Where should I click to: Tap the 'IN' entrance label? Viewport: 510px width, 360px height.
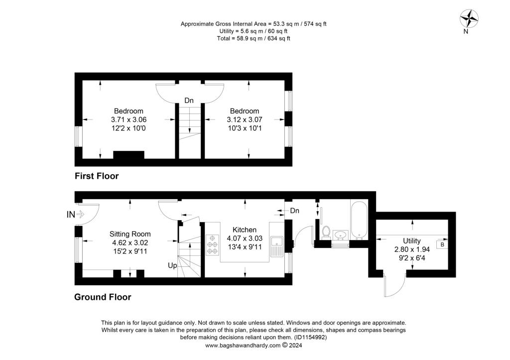(72, 215)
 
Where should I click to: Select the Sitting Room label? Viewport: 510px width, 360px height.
(130, 234)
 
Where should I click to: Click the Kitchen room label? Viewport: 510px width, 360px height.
(245, 230)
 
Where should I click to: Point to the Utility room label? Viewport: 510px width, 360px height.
(411, 241)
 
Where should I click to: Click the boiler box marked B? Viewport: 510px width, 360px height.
(442, 244)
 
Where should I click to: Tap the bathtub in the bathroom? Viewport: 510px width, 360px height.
(359, 220)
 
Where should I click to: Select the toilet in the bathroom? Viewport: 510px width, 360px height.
(327, 232)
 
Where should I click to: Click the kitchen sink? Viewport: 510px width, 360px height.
(276, 246)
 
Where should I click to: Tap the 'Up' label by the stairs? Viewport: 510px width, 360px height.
(172, 266)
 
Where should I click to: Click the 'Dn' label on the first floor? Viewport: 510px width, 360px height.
(189, 101)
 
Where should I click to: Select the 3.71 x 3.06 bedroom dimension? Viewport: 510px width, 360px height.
(128, 120)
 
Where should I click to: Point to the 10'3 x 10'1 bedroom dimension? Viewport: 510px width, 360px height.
(245, 128)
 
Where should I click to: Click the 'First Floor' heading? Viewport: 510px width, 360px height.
(97, 176)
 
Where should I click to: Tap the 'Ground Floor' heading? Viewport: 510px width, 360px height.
(103, 297)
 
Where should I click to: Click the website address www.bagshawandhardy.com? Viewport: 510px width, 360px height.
(243, 345)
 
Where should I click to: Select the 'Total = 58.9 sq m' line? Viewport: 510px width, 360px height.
(254, 38)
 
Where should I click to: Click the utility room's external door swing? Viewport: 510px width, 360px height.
(393, 286)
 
